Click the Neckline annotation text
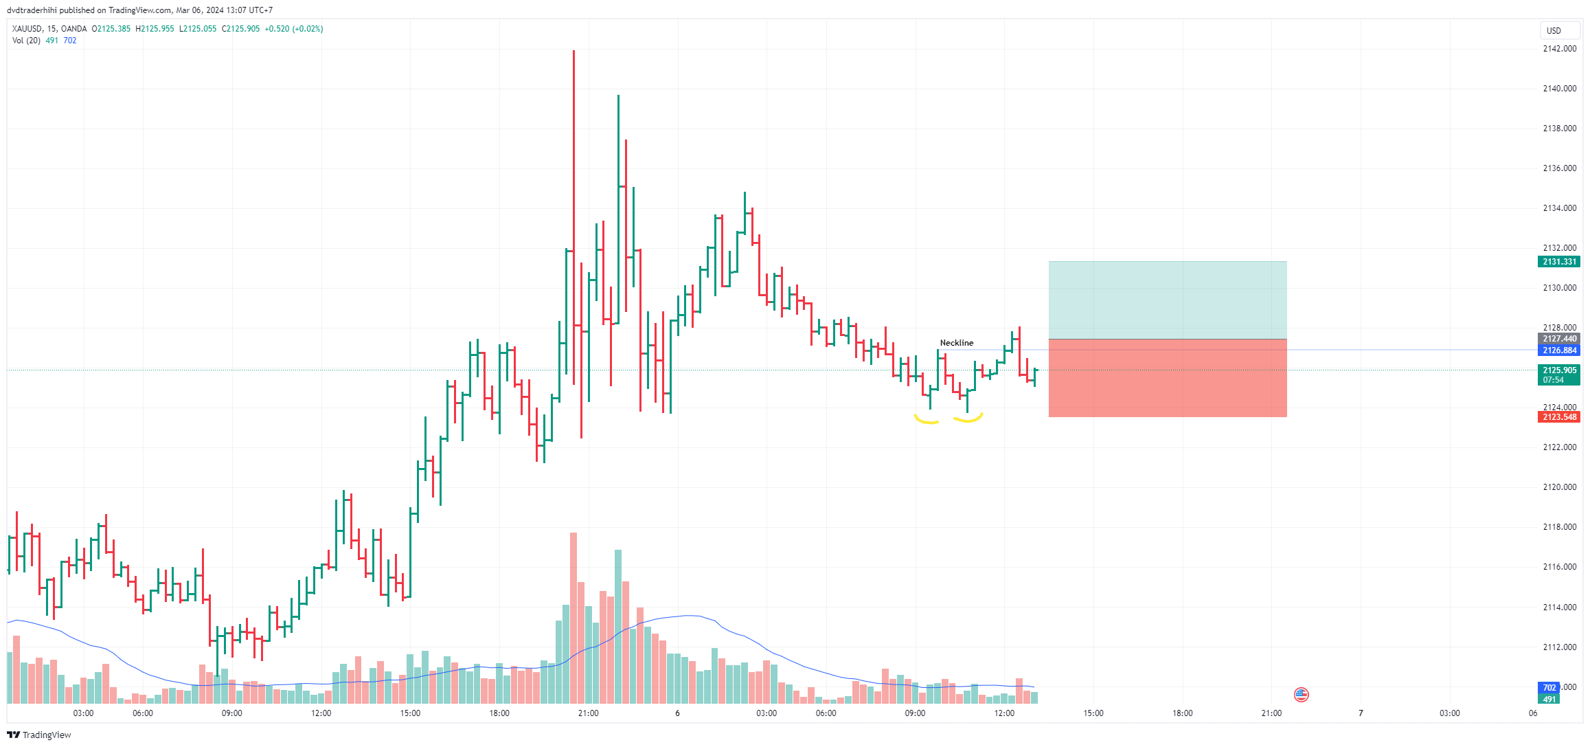coord(956,343)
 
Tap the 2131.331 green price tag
coord(1559,262)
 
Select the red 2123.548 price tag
coord(1559,417)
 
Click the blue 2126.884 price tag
coord(1559,350)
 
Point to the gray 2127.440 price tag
coord(1559,339)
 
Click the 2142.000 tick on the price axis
coord(1559,49)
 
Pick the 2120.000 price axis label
coord(1559,487)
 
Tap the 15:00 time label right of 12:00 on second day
coord(1093,713)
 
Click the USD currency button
coord(1554,30)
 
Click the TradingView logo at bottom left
coord(39,735)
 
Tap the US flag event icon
coord(1301,695)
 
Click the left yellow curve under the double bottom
coord(926,420)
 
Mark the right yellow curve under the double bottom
coord(968,418)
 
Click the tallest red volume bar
coord(573,618)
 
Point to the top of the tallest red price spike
coord(573,52)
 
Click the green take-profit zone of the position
coord(1167,300)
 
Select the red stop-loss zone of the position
coord(1167,378)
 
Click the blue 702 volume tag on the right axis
coord(1549,688)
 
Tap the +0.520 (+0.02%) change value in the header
coord(294,29)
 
